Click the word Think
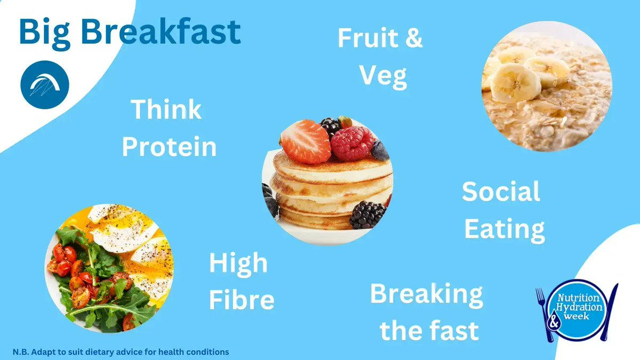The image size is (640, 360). pyautogui.click(x=166, y=110)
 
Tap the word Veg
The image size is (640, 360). pyautogui.click(x=383, y=76)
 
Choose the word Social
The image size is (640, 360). pyautogui.click(x=501, y=192)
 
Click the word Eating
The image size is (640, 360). pyautogui.click(x=504, y=229)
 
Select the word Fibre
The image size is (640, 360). pyautogui.click(x=242, y=300)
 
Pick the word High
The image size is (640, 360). pyautogui.click(x=238, y=263)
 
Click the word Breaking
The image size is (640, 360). pyautogui.click(x=427, y=294)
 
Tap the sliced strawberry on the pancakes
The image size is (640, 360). pyautogui.click(x=306, y=141)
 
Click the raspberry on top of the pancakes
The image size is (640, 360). pyautogui.click(x=352, y=143)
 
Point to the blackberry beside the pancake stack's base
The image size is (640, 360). pyautogui.click(x=367, y=214)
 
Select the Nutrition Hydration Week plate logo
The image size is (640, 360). pyautogui.click(x=579, y=310)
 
